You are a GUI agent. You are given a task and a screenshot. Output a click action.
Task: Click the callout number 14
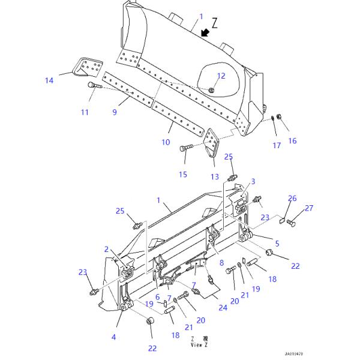[x=49, y=80]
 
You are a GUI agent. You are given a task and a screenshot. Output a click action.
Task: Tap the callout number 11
[x=85, y=112]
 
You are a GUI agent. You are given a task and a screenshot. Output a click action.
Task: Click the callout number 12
[x=221, y=76]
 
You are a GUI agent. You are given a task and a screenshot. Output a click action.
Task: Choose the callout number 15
[x=183, y=174]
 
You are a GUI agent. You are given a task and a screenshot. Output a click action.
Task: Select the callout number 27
[x=309, y=209]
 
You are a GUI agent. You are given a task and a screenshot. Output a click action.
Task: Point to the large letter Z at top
[x=215, y=23]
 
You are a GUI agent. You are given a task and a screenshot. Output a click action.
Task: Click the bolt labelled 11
[x=92, y=86]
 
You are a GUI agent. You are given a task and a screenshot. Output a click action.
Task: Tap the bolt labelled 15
[x=185, y=148]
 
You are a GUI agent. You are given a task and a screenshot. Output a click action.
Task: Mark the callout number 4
[x=113, y=337]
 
